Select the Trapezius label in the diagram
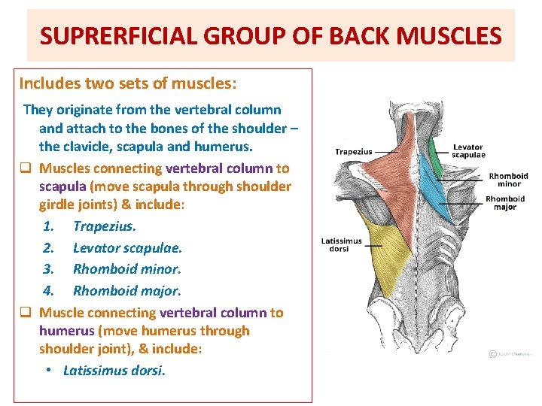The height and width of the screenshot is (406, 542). [x=353, y=151]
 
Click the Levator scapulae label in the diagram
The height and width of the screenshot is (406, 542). [x=468, y=151]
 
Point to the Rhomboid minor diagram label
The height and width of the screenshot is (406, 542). [x=508, y=180]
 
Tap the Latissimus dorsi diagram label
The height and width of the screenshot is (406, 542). [x=341, y=245]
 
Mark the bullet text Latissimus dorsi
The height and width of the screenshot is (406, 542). [x=114, y=370]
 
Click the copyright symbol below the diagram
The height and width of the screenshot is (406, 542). [x=492, y=353]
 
